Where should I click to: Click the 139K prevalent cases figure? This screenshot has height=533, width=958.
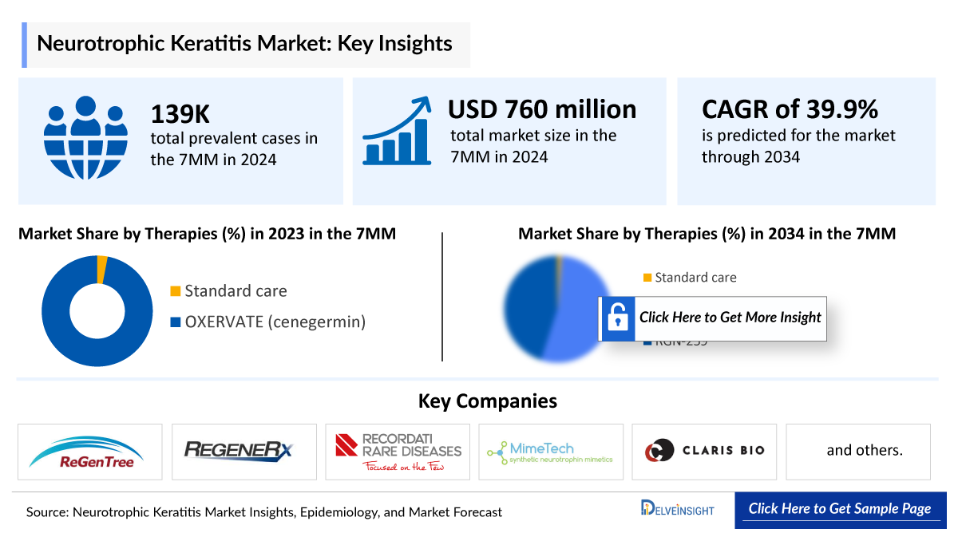180,114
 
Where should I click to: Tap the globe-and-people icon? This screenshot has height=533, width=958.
85,138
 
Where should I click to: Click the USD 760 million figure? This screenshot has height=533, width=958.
542,109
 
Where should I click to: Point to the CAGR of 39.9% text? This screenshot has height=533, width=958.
790,109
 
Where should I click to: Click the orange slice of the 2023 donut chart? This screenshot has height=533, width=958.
101,270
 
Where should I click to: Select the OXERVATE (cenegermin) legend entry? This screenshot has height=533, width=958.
267,322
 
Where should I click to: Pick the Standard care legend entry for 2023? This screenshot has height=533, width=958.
228,291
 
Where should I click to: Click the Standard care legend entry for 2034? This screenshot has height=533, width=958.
689,278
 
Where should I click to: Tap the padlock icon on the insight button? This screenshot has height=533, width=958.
616,318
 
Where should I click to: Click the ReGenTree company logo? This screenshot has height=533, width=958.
89,452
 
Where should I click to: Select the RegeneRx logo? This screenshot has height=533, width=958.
243,451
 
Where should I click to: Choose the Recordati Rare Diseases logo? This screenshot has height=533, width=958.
398,452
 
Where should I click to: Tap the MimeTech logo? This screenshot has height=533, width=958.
550,452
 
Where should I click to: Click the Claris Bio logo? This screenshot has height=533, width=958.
704,451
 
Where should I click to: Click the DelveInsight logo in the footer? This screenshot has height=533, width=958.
677,509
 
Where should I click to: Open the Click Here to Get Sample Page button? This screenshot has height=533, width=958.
840,509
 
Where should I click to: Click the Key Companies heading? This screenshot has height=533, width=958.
487,401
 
